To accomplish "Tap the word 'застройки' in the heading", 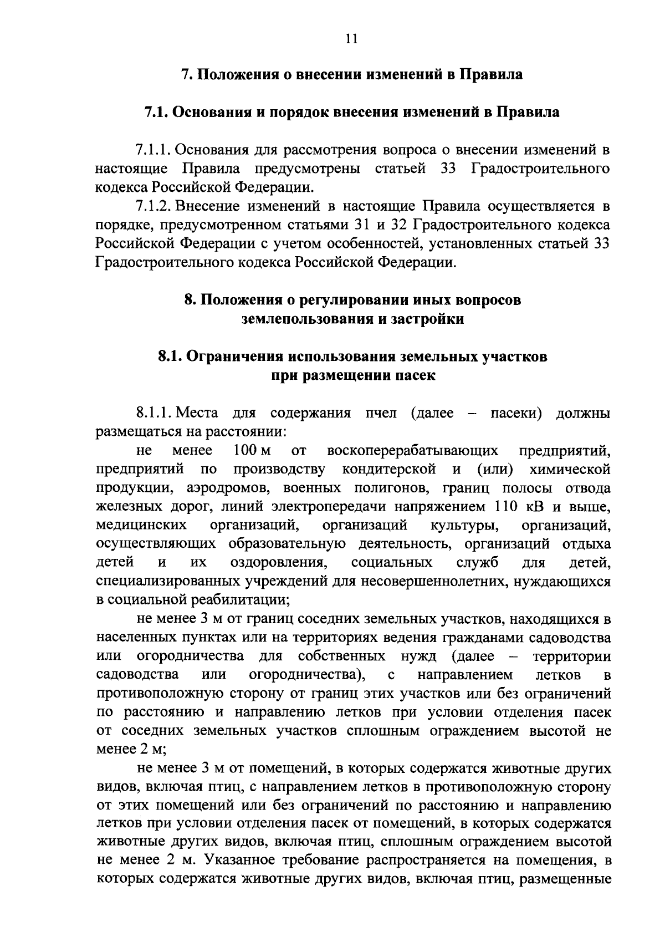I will point(431,319).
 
